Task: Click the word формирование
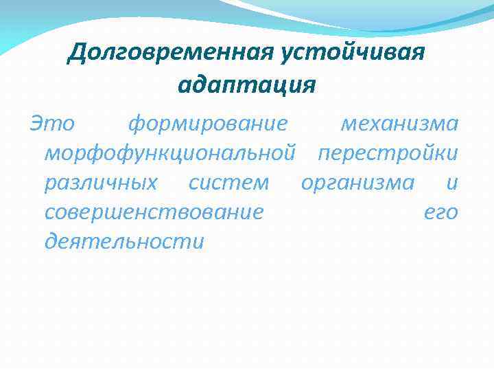coord(207,124)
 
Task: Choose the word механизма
coord(399,124)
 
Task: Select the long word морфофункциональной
coord(170,153)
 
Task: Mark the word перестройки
coord(387,153)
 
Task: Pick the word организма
coord(357,183)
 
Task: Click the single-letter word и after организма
coord(451,183)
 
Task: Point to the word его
coord(440,212)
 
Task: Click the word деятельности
coord(124,242)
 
